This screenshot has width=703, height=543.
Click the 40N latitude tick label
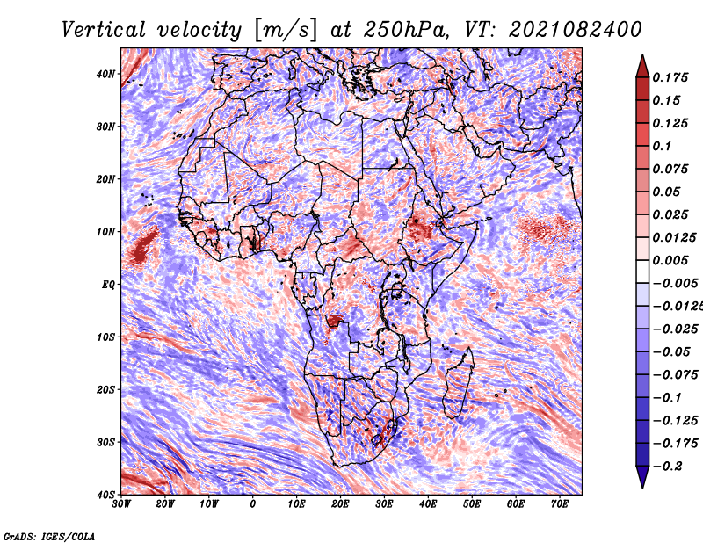(x=105, y=74)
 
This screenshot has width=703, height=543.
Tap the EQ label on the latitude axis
(x=107, y=285)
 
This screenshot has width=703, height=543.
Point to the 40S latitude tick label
(x=105, y=495)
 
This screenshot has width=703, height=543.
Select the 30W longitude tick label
(x=121, y=504)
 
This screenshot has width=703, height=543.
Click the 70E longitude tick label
(x=559, y=504)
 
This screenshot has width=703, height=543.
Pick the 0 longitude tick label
(x=253, y=504)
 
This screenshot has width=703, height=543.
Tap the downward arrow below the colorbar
(x=642, y=478)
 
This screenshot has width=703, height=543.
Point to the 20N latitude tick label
(x=105, y=179)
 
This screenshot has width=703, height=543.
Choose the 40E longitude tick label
(x=428, y=504)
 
